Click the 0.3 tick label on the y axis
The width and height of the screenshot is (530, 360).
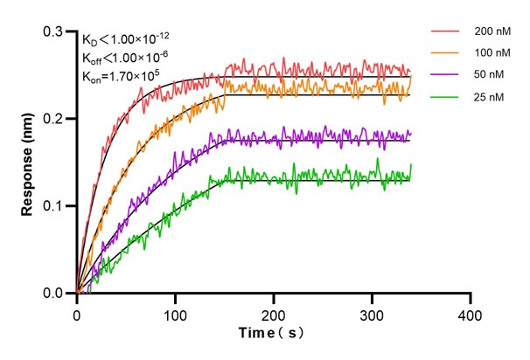coord(57,31)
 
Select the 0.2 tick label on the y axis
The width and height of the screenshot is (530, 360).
coord(57,119)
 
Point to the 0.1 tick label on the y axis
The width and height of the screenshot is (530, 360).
coord(57,206)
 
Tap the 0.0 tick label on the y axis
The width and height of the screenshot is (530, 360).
coord(57,294)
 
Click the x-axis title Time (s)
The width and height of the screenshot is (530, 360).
coord(272,334)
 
